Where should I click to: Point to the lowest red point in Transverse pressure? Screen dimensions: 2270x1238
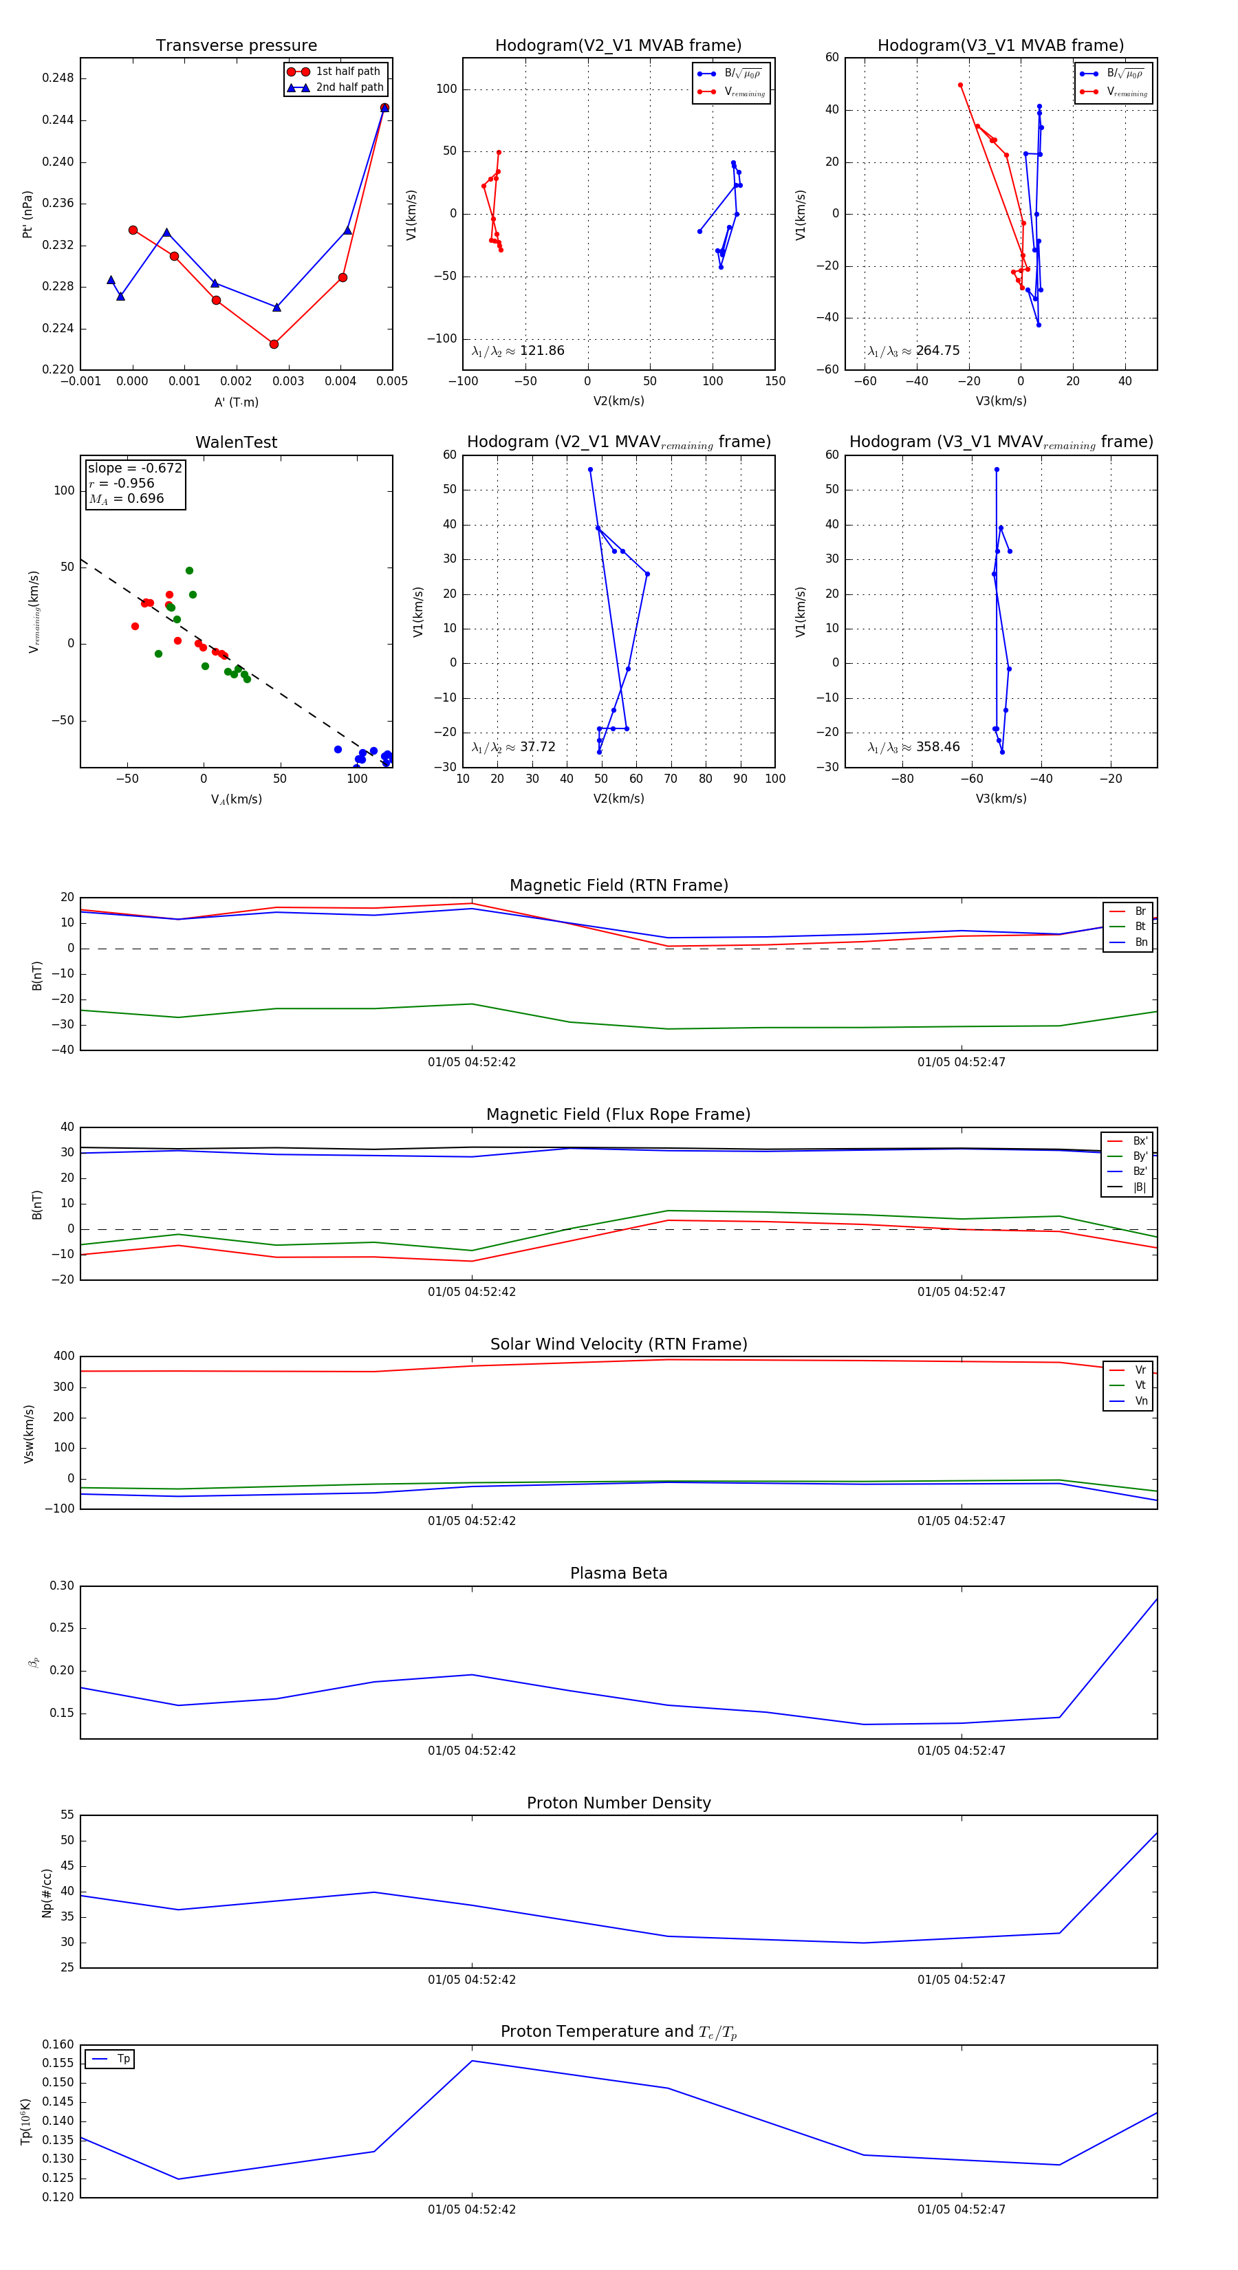click(x=274, y=344)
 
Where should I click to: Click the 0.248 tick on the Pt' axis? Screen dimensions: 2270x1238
click(x=58, y=78)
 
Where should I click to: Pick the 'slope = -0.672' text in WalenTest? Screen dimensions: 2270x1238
click(x=135, y=468)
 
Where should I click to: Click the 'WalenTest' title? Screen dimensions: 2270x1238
click(x=236, y=442)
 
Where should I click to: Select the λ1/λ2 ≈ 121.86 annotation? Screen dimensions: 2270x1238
click(x=518, y=351)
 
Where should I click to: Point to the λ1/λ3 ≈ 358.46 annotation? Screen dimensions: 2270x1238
click(x=914, y=747)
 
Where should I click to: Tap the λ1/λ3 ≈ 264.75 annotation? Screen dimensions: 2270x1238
click(x=914, y=351)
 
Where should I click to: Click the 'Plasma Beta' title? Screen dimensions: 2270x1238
click(x=618, y=1573)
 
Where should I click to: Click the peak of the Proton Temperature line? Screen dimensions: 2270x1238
click(x=473, y=2060)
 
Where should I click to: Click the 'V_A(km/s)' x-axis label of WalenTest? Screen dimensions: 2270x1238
click(x=236, y=799)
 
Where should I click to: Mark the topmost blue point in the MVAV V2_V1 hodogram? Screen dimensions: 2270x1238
click(x=590, y=470)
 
